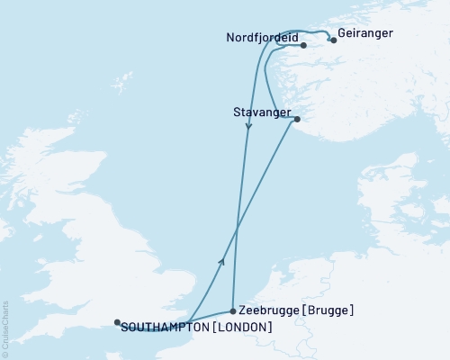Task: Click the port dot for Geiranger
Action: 334,40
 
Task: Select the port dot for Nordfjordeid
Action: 303,45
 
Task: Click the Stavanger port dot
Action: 296,119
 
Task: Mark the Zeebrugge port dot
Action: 233,310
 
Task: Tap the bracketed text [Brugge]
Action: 328,310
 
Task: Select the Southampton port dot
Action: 117,321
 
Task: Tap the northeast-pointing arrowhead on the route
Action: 220,259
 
